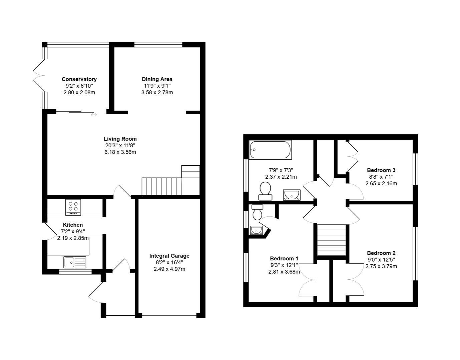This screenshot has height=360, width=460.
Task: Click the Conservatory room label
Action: click(x=79, y=79)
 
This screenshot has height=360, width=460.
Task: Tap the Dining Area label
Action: click(x=157, y=79)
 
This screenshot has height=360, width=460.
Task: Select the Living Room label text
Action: click(x=120, y=139)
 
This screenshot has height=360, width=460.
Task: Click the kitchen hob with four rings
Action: click(x=73, y=207)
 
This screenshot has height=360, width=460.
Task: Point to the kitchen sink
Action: click(x=75, y=262)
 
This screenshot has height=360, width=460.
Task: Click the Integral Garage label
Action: click(x=169, y=256)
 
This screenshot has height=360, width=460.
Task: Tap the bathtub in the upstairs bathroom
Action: click(x=270, y=150)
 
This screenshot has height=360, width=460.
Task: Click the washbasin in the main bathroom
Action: click(x=292, y=195)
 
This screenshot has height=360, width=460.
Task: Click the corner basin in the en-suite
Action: click(x=256, y=230)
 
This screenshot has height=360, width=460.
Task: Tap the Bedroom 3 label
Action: click(x=381, y=170)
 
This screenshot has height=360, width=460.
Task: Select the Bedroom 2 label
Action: click(x=381, y=253)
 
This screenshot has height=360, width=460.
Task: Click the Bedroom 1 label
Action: click(x=284, y=259)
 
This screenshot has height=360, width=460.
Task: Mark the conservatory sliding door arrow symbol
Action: click(x=94, y=115)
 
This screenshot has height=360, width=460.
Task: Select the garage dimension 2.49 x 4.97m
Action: click(x=169, y=269)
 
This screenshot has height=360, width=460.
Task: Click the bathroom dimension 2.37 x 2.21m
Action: click(x=281, y=177)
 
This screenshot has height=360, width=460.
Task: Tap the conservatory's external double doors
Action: click(x=39, y=76)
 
